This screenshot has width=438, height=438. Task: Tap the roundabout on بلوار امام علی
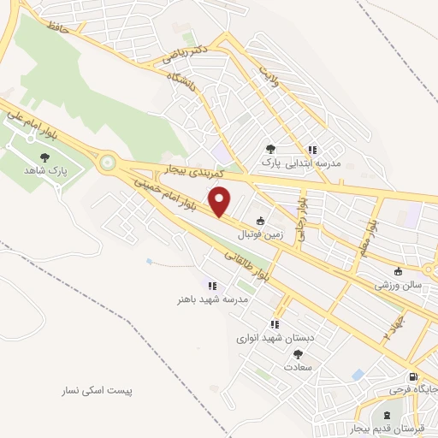tap(108, 160)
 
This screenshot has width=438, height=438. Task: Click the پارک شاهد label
tap(44, 170)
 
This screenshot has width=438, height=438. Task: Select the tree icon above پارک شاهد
tap(44, 157)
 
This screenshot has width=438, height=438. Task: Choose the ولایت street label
tap(270, 63)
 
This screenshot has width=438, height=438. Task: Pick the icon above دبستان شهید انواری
tap(275, 324)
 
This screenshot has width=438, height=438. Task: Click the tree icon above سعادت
tap(298, 353)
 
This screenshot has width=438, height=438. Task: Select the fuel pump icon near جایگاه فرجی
tap(413, 376)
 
